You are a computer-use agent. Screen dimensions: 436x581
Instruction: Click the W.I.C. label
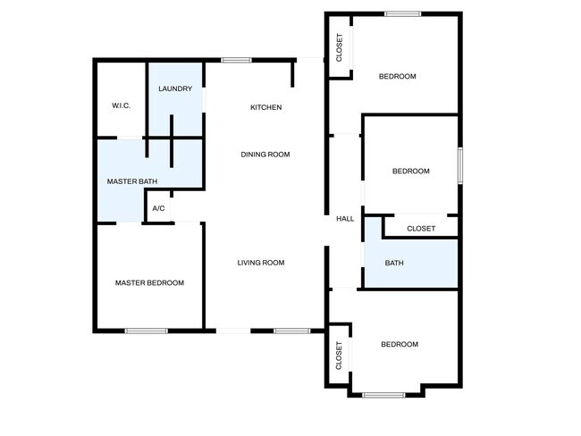[x=122, y=105]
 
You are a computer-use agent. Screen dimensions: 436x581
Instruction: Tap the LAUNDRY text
[x=175, y=88]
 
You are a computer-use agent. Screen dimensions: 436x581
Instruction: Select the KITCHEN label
[x=265, y=107]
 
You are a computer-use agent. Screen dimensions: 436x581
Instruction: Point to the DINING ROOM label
[x=265, y=155]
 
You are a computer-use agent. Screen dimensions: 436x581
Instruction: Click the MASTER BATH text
[x=132, y=181]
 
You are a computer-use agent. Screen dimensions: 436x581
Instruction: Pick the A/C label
[x=159, y=208]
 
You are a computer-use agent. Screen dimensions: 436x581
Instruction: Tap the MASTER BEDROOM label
[x=149, y=283]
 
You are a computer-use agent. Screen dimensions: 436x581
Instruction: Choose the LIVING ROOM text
[x=261, y=263]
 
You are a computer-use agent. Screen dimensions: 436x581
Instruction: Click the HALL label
[x=345, y=219]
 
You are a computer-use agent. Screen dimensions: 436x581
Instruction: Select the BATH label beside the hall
[x=394, y=263]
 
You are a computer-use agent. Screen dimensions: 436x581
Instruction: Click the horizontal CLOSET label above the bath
[x=421, y=229]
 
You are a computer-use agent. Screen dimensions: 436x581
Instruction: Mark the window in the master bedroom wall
[x=146, y=331]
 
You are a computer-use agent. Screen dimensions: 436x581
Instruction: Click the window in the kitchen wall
[x=236, y=60]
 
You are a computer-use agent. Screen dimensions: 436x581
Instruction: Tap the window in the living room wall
[x=290, y=331]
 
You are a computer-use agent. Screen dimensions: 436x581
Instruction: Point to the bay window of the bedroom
[x=384, y=394]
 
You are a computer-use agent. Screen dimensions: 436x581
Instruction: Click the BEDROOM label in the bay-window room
[x=400, y=344]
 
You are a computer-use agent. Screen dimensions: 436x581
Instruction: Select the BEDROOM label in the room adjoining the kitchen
[x=398, y=76]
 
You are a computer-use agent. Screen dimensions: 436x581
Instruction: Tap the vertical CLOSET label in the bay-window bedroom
[x=339, y=356]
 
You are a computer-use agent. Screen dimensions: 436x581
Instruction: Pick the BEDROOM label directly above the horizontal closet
[x=411, y=171]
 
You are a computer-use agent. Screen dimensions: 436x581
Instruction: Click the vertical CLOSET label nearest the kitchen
[x=339, y=47]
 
